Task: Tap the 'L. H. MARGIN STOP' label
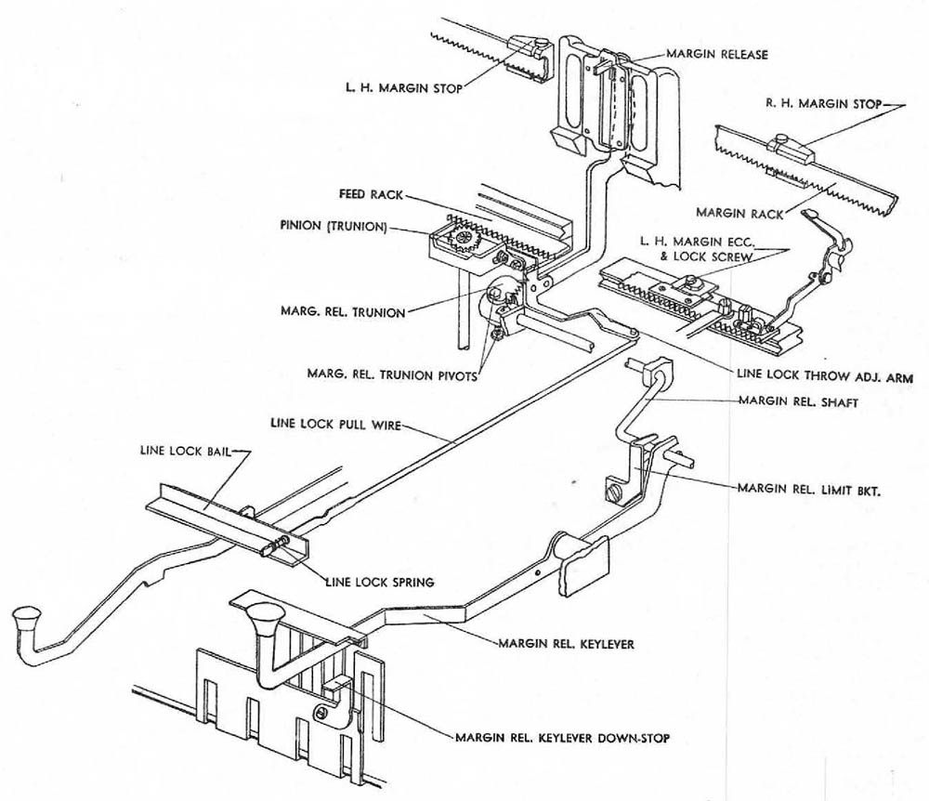402,88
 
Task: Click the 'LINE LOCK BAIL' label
180,451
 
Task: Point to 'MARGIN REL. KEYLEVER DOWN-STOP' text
562,739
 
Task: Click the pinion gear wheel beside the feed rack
463,242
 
